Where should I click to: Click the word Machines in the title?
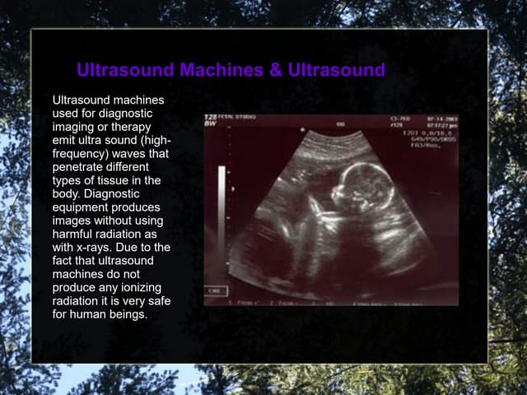[x=221, y=70]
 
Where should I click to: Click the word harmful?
[x=74, y=234]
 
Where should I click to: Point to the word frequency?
[x=82, y=153]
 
